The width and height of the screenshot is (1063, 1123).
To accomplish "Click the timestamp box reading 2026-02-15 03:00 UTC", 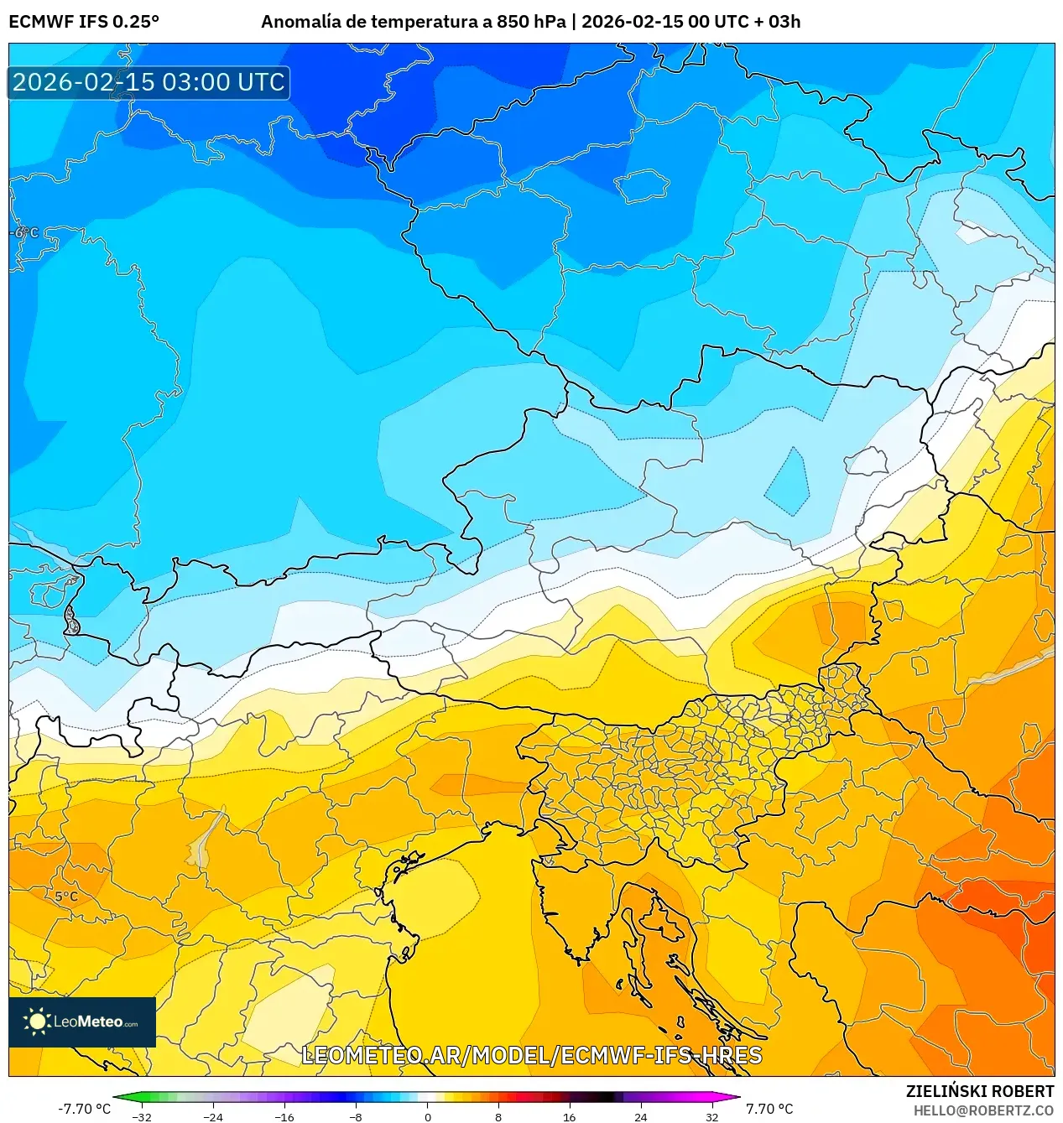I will pyautogui.click(x=149, y=82).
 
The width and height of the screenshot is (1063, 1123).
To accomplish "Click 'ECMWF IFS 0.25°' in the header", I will pyautogui.click(x=84, y=22).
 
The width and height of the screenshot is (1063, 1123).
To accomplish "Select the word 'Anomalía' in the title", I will pyautogui.click(x=301, y=22).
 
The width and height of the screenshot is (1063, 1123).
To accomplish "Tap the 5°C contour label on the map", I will pyautogui.click(x=66, y=897).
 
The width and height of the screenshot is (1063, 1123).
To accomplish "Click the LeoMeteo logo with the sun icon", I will pyautogui.click(x=82, y=1022).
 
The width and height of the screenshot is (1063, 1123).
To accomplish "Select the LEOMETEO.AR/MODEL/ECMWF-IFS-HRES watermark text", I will pyautogui.click(x=531, y=1055).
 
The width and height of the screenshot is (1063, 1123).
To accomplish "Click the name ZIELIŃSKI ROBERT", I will pyautogui.click(x=979, y=1091).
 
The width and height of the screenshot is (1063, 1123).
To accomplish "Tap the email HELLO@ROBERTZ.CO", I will pyautogui.click(x=983, y=1110).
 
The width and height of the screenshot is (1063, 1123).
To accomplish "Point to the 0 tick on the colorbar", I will pyautogui.click(x=427, y=1117).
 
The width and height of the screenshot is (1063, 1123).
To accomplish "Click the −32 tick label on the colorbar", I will pyautogui.click(x=142, y=1117).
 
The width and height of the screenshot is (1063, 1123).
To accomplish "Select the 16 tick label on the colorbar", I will pyautogui.click(x=569, y=1117).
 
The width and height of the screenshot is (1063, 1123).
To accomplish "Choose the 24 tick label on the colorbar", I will pyautogui.click(x=640, y=1117).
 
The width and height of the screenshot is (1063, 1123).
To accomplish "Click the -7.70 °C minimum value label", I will pyautogui.click(x=84, y=1109).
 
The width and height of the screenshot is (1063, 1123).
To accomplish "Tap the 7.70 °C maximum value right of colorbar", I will pyautogui.click(x=769, y=1109).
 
